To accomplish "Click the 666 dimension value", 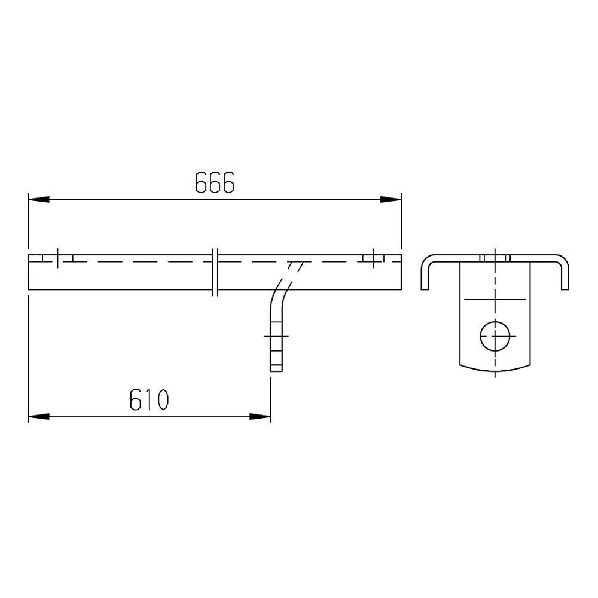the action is click(215, 182).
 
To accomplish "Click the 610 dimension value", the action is click(149, 399).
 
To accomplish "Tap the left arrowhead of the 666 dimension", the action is click(38, 200).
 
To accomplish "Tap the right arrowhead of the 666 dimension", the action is click(391, 200).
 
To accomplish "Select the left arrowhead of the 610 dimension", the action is click(38, 417).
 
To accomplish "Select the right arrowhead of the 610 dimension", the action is click(260, 417).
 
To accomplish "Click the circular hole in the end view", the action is click(495, 336).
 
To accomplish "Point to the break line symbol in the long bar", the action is click(215, 272).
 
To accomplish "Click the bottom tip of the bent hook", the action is click(276, 371).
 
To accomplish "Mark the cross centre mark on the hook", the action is click(276, 336).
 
